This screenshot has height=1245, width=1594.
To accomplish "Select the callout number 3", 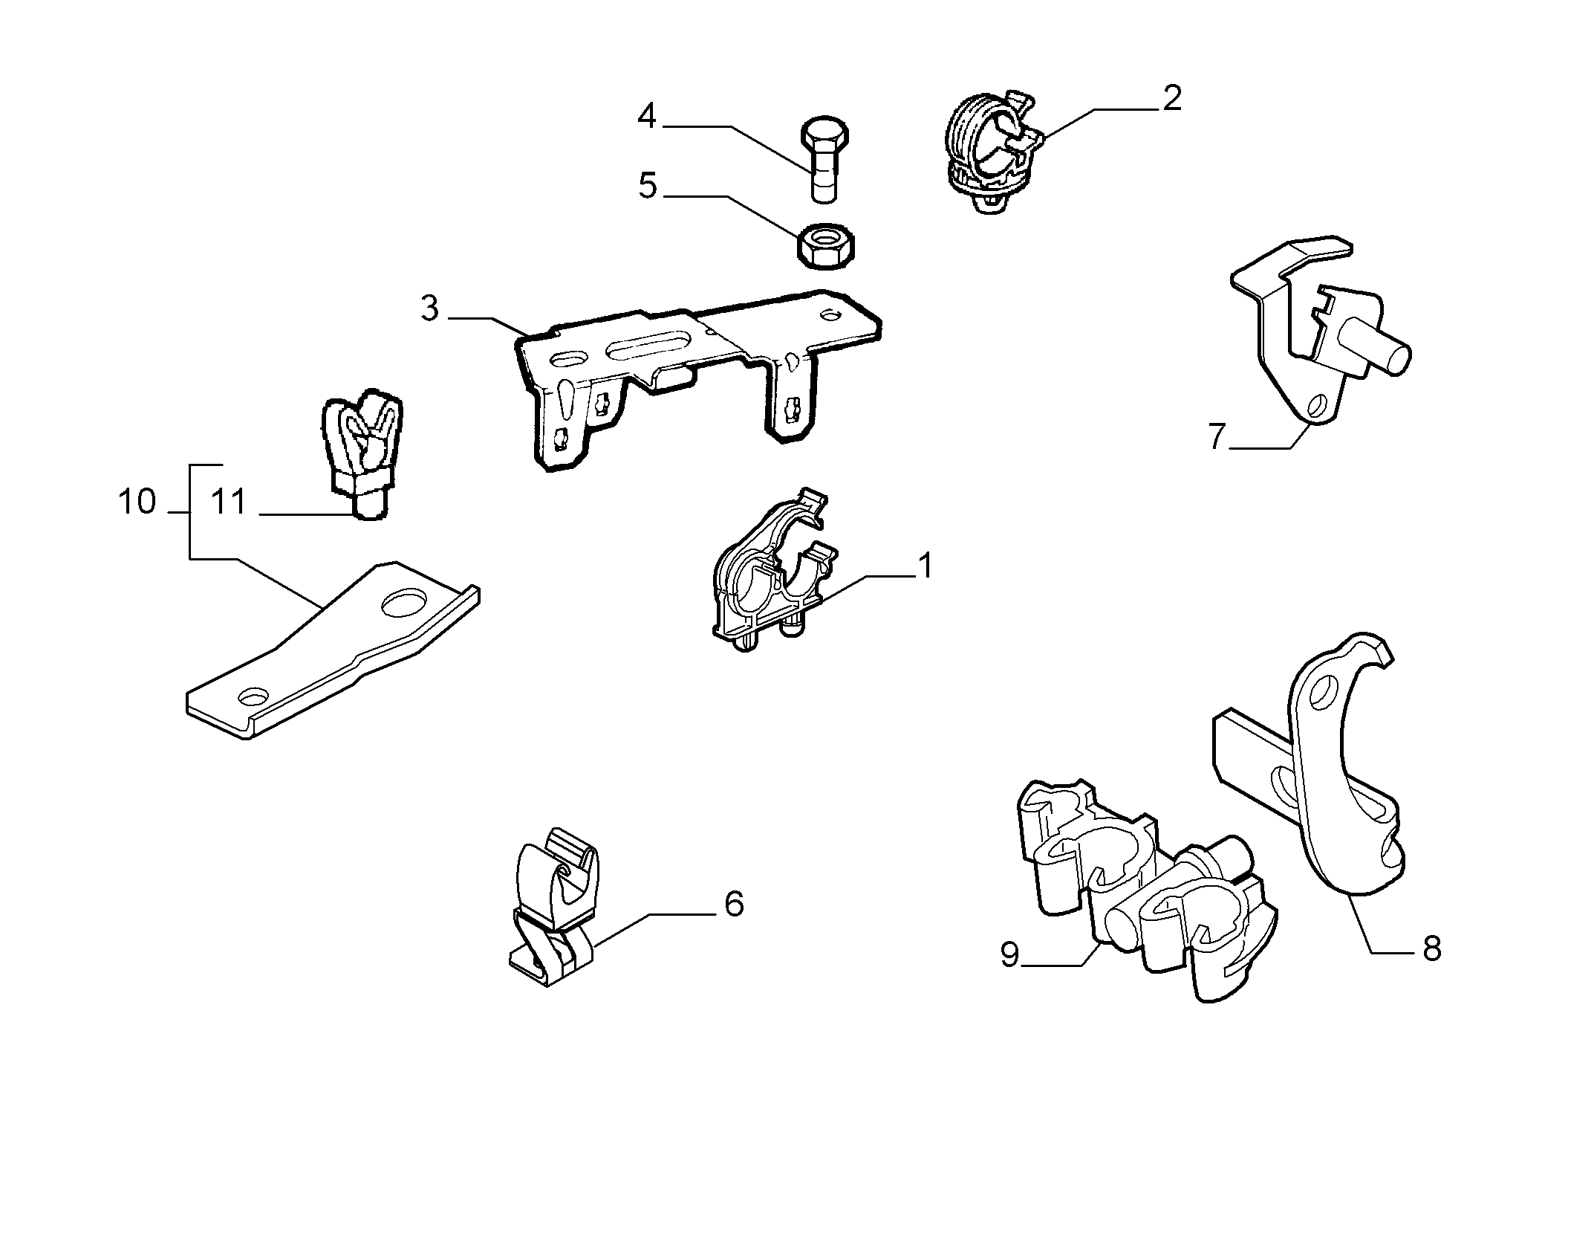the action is click(430, 308).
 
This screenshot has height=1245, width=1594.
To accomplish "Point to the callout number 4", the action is click(647, 116).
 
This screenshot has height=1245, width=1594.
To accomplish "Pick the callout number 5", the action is click(648, 185).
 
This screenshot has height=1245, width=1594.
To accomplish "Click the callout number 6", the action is click(734, 904).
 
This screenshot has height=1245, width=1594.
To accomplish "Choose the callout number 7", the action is click(1215, 436).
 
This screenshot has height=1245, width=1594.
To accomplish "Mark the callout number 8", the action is click(1431, 949).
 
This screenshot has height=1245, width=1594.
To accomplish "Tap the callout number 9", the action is click(1009, 954).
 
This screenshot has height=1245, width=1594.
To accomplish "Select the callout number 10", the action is click(137, 502).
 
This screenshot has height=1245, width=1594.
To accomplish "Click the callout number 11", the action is click(228, 502).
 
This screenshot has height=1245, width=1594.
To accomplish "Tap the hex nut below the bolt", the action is click(825, 246).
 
